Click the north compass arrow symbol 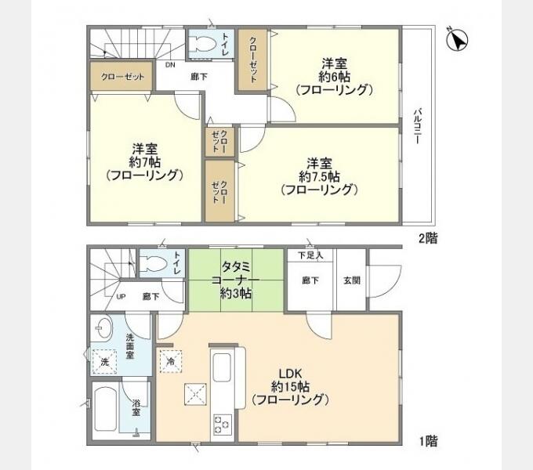point(457,39)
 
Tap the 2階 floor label point(428,238)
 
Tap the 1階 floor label point(428,441)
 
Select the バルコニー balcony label point(418,126)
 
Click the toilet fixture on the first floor point(154,263)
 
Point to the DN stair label point(170,64)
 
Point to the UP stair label point(121,296)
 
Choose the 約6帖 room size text point(334,77)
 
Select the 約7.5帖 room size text point(319,176)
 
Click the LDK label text point(290,374)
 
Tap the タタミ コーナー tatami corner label point(236,273)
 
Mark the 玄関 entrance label point(352,280)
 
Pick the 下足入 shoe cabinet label point(310,255)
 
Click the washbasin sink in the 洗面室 point(102,328)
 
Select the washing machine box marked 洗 point(105,362)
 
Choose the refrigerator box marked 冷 point(171,361)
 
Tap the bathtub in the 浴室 point(105,409)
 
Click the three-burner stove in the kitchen point(222,424)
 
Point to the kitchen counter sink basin point(222,367)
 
